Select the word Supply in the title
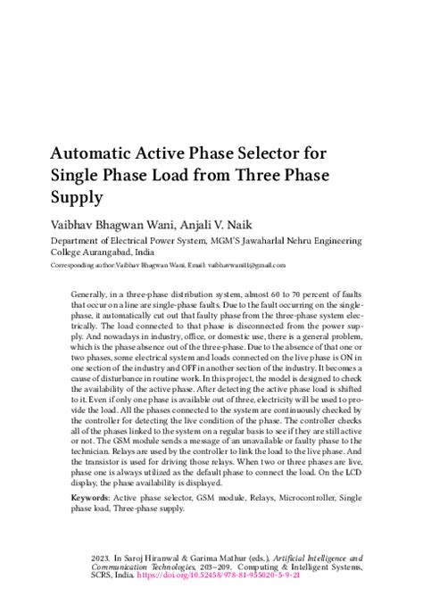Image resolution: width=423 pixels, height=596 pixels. point(77,195)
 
